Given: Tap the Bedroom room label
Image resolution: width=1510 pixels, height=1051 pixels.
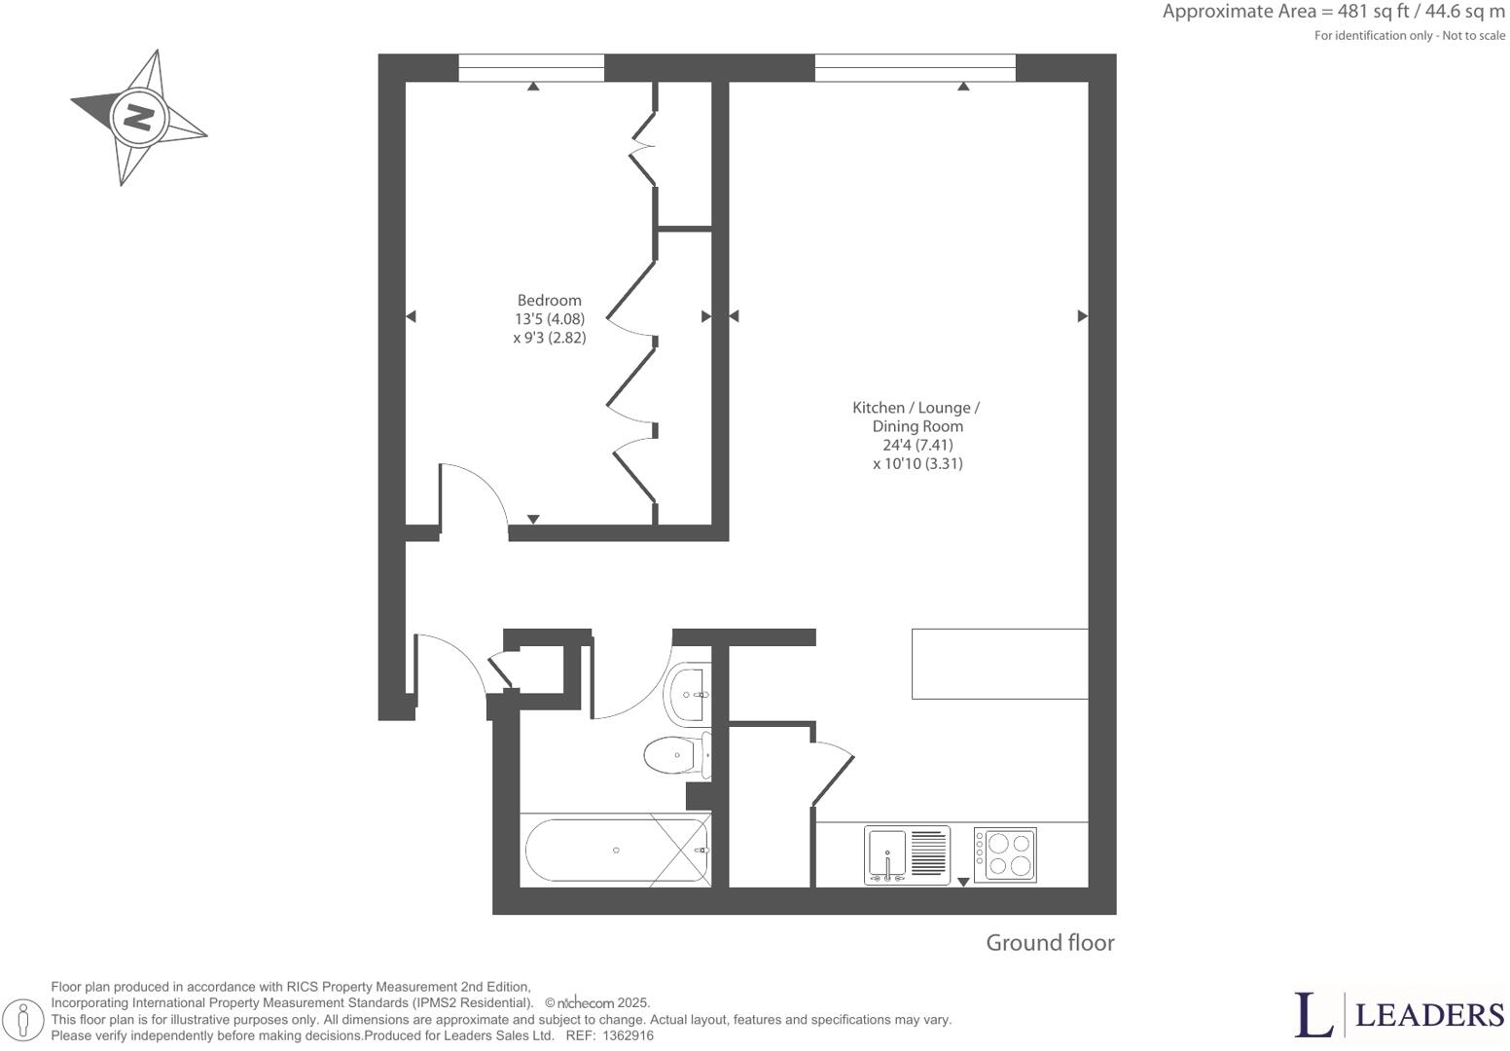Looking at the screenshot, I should coord(549,301).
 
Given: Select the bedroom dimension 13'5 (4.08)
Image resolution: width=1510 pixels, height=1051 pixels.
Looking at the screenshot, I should coord(549,319).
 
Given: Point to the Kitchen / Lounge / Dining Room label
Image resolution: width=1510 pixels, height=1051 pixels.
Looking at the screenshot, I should coord(917,417).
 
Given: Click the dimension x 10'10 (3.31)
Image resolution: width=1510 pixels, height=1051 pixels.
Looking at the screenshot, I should coord(917,464).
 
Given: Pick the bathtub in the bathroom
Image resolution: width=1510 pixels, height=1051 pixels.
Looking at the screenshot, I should coord(617,851).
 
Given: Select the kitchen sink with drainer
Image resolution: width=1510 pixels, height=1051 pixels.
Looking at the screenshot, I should coord(907,855).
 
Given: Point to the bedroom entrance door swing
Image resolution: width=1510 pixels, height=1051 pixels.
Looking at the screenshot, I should coord(472,496).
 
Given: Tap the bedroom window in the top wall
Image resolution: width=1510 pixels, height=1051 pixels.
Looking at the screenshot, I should coord(531,68).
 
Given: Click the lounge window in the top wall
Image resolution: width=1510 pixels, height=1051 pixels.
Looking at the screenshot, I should coord(915,68).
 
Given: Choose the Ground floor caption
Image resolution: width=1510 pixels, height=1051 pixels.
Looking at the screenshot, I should coord(1050,943).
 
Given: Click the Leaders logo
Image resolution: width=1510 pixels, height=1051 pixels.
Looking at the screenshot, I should coord(1398,1015).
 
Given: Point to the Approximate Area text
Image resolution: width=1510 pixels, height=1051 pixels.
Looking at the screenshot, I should coord(1333,13).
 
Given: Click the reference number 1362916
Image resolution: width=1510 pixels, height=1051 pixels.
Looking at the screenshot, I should coord(628,1036).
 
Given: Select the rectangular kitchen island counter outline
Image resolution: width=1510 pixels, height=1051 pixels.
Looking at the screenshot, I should coord(999,664).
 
